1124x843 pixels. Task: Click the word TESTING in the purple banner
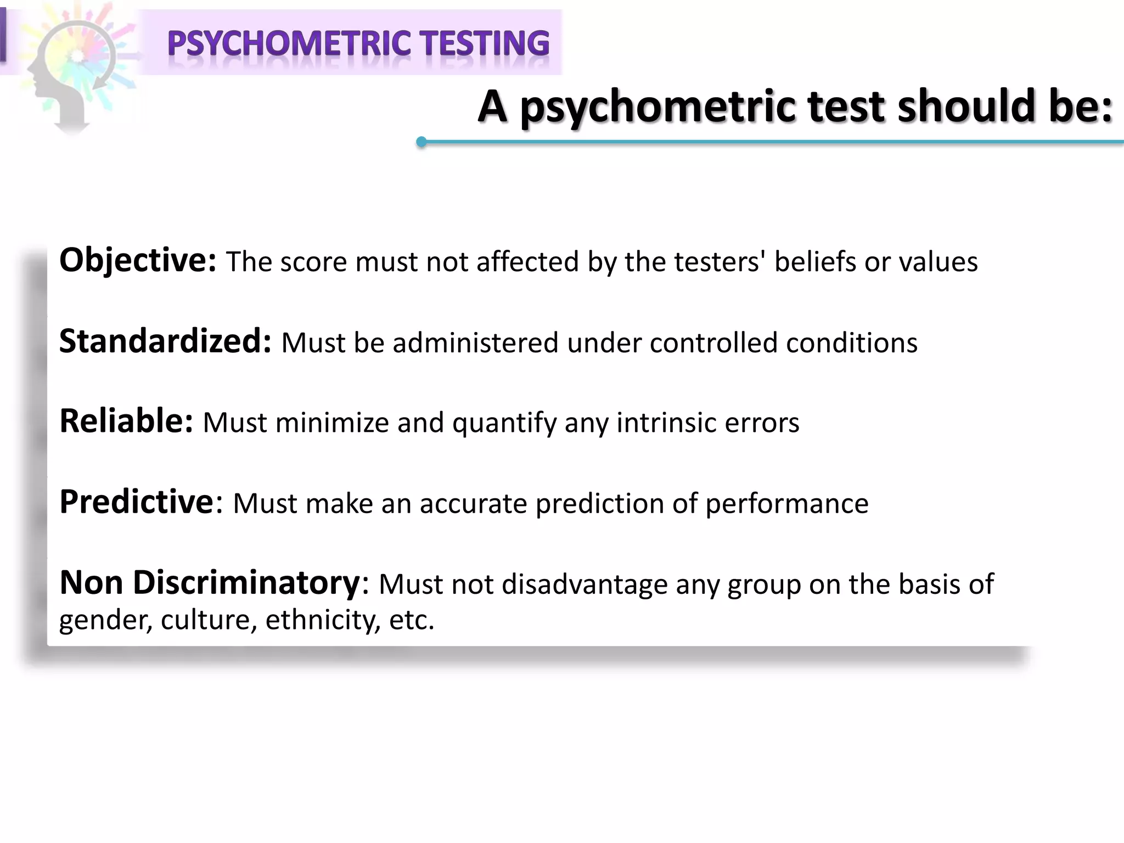(485, 44)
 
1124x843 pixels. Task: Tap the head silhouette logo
(71, 71)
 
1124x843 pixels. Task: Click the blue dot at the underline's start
(421, 142)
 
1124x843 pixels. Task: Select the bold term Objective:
(138, 260)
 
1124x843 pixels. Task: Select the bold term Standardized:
(165, 341)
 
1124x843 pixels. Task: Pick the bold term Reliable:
(126, 421)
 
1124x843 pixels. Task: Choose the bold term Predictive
(137, 502)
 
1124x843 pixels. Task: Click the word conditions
(851, 343)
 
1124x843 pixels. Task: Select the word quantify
(504, 424)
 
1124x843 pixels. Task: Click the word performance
(786, 504)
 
